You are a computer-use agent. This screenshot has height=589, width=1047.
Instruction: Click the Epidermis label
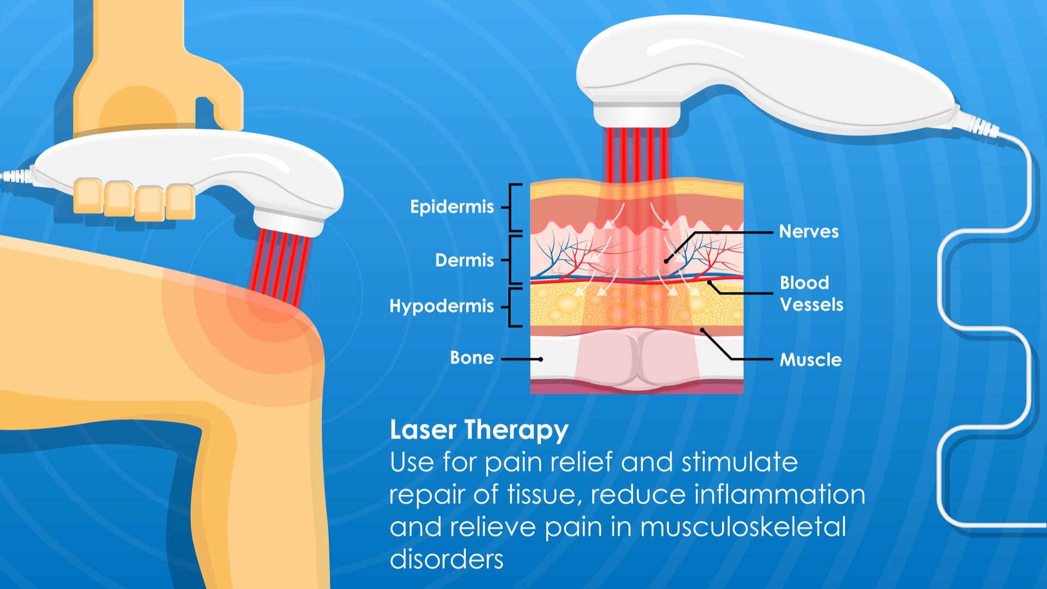point(452,207)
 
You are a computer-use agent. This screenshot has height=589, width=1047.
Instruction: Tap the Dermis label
point(464,260)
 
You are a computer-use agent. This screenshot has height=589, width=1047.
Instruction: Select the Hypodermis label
point(441,306)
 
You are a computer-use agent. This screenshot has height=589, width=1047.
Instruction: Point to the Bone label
point(472,358)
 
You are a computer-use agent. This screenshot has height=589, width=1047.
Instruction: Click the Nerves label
point(809,231)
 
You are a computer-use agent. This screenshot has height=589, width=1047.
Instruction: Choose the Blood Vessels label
point(811,293)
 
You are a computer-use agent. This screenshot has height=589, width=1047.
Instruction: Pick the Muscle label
point(810,359)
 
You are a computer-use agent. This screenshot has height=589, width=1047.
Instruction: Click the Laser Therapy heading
point(479,430)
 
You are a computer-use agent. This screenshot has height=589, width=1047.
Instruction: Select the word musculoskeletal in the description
point(743,527)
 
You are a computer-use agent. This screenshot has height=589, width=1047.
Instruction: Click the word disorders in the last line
point(447,560)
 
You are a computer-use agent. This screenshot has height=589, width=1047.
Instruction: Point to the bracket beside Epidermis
point(513,208)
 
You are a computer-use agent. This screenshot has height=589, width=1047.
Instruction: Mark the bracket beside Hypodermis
point(513,308)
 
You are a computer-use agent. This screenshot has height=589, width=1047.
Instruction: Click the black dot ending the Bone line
point(540,359)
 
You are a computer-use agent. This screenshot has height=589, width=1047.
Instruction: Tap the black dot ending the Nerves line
point(666,261)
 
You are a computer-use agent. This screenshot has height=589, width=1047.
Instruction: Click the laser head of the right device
point(637,115)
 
